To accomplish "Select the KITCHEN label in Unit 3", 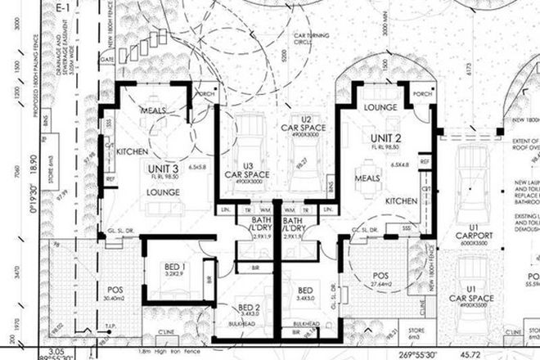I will tap(131, 152).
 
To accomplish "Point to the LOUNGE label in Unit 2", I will tap(380, 107).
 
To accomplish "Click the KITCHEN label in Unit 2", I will tap(401, 200).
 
